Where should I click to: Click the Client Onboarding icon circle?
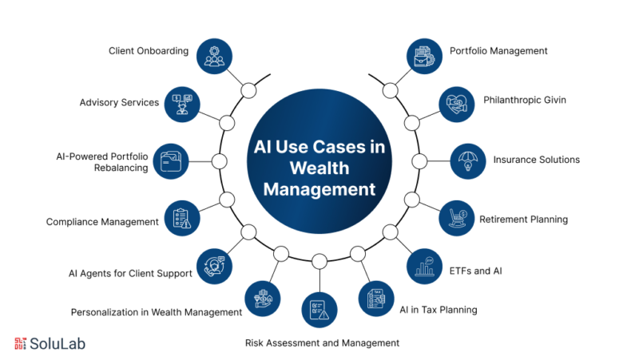pyautogui.click(x=213, y=56)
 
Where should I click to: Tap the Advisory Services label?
pyautogui.click(x=119, y=102)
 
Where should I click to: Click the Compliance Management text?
pyautogui.click(x=102, y=221)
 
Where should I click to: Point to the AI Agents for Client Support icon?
pyautogui.click(x=215, y=265)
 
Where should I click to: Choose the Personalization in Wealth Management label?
pyautogui.click(x=157, y=312)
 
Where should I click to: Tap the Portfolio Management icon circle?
pyautogui.click(x=425, y=56)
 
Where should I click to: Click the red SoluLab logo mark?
pyautogui.click(x=21, y=343)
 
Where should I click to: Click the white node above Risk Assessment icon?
pyautogui.click(x=319, y=261)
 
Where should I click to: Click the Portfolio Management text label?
pyautogui.click(x=509, y=50)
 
